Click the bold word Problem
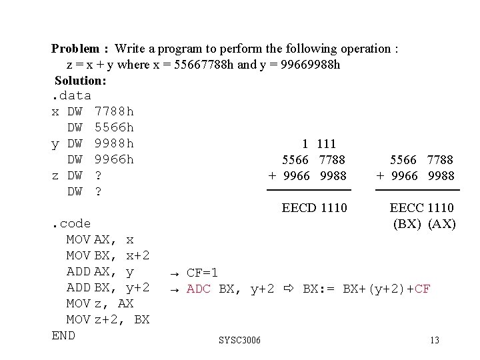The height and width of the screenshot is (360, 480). (75, 48)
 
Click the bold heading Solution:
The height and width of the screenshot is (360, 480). (80, 81)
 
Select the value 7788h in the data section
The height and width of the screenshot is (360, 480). (115, 111)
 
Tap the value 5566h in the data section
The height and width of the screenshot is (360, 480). (115, 127)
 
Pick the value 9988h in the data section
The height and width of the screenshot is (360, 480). (115, 143)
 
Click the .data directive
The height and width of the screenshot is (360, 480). (71, 96)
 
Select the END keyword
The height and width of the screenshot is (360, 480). (63, 335)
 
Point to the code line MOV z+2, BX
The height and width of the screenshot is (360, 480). (108, 319)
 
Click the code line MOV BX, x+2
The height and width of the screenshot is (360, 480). (108, 255)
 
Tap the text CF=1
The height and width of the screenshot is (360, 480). (202, 272)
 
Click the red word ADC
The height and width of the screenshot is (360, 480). (199, 289)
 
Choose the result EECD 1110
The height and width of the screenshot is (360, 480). (314, 208)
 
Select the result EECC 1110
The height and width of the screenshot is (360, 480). (422, 208)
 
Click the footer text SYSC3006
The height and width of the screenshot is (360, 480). (240, 341)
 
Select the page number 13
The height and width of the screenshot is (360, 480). (435, 341)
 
